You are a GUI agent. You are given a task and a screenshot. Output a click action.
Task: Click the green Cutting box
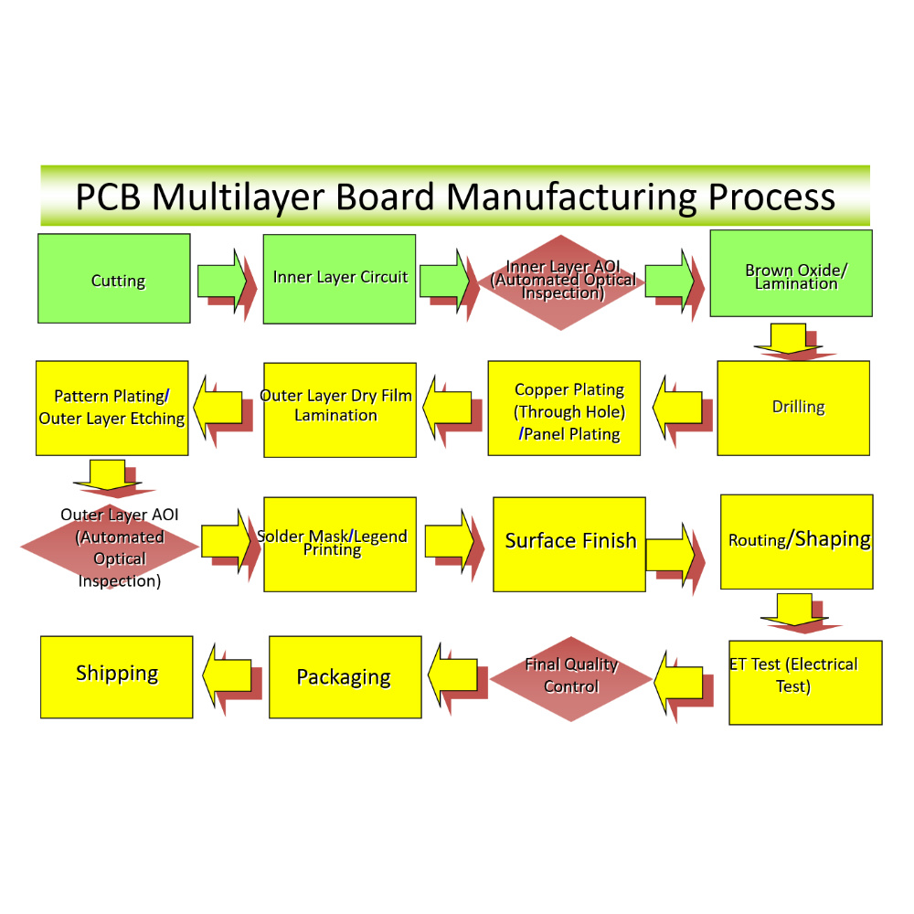pyautogui.click(x=114, y=279)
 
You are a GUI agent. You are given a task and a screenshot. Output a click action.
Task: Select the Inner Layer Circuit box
pyautogui.click(x=339, y=278)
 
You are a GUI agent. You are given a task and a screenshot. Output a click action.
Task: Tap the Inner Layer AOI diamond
pyautogui.click(x=564, y=282)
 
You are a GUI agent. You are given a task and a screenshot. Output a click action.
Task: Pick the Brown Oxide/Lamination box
pyautogui.click(x=791, y=273)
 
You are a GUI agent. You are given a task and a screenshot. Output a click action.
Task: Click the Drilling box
pyautogui.click(x=793, y=408)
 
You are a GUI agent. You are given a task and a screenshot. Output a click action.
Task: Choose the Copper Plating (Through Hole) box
pyautogui.click(x=564, y=408)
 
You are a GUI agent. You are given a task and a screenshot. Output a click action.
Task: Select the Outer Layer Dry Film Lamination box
pyautogui.click(x=340, y=409)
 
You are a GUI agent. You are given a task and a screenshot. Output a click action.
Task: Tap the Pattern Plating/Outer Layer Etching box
pyautogui.click(x=112, y=408)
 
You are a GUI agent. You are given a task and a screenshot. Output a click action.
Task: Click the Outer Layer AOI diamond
pyautogui.click(x=111, y=547)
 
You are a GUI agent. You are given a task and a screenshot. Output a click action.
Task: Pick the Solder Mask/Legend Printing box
pyautogui.click(x=340, y=545)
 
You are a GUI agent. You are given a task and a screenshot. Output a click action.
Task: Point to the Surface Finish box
pyautogui.click(x=569, y=545)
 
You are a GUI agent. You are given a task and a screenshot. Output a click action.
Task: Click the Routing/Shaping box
pyautogui.click(x=797, y=542)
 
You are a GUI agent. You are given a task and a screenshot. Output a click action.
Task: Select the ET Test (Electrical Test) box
pyautogui.click(x=805, y=682)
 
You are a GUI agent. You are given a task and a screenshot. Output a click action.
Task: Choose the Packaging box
pyautogui.click(x=345, y=677)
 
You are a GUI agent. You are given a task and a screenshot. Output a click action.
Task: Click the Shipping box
pyautogui.click(x=117, y=676)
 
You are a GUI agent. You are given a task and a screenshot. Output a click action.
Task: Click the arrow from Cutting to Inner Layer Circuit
pyautogui.click(x=222, y=280)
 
